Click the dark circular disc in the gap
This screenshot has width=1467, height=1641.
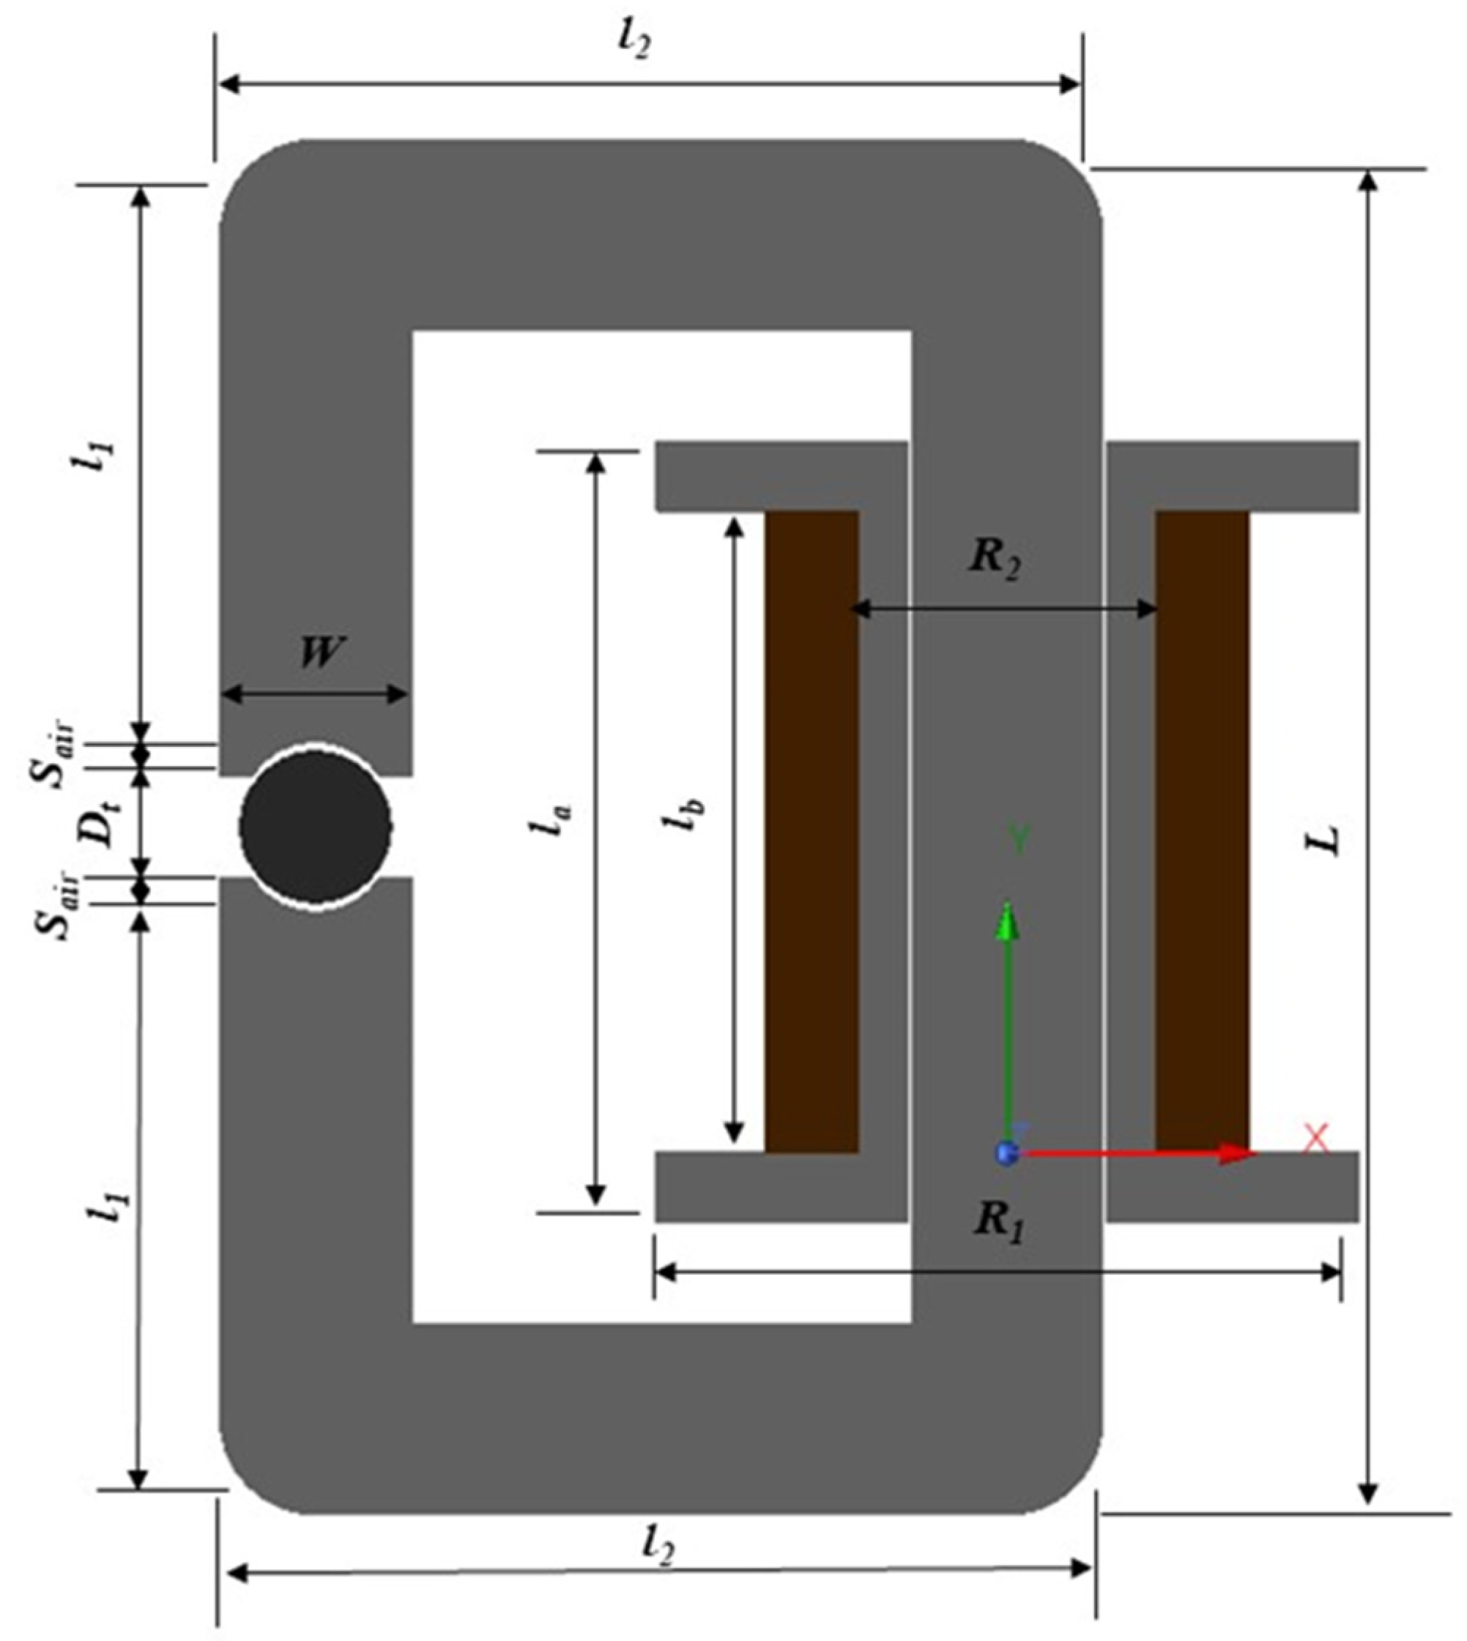(315, 827)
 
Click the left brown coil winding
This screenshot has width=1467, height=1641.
(811, 830)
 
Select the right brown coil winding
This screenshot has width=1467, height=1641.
(1202, 830)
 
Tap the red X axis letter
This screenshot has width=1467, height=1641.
(1316, 1139)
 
